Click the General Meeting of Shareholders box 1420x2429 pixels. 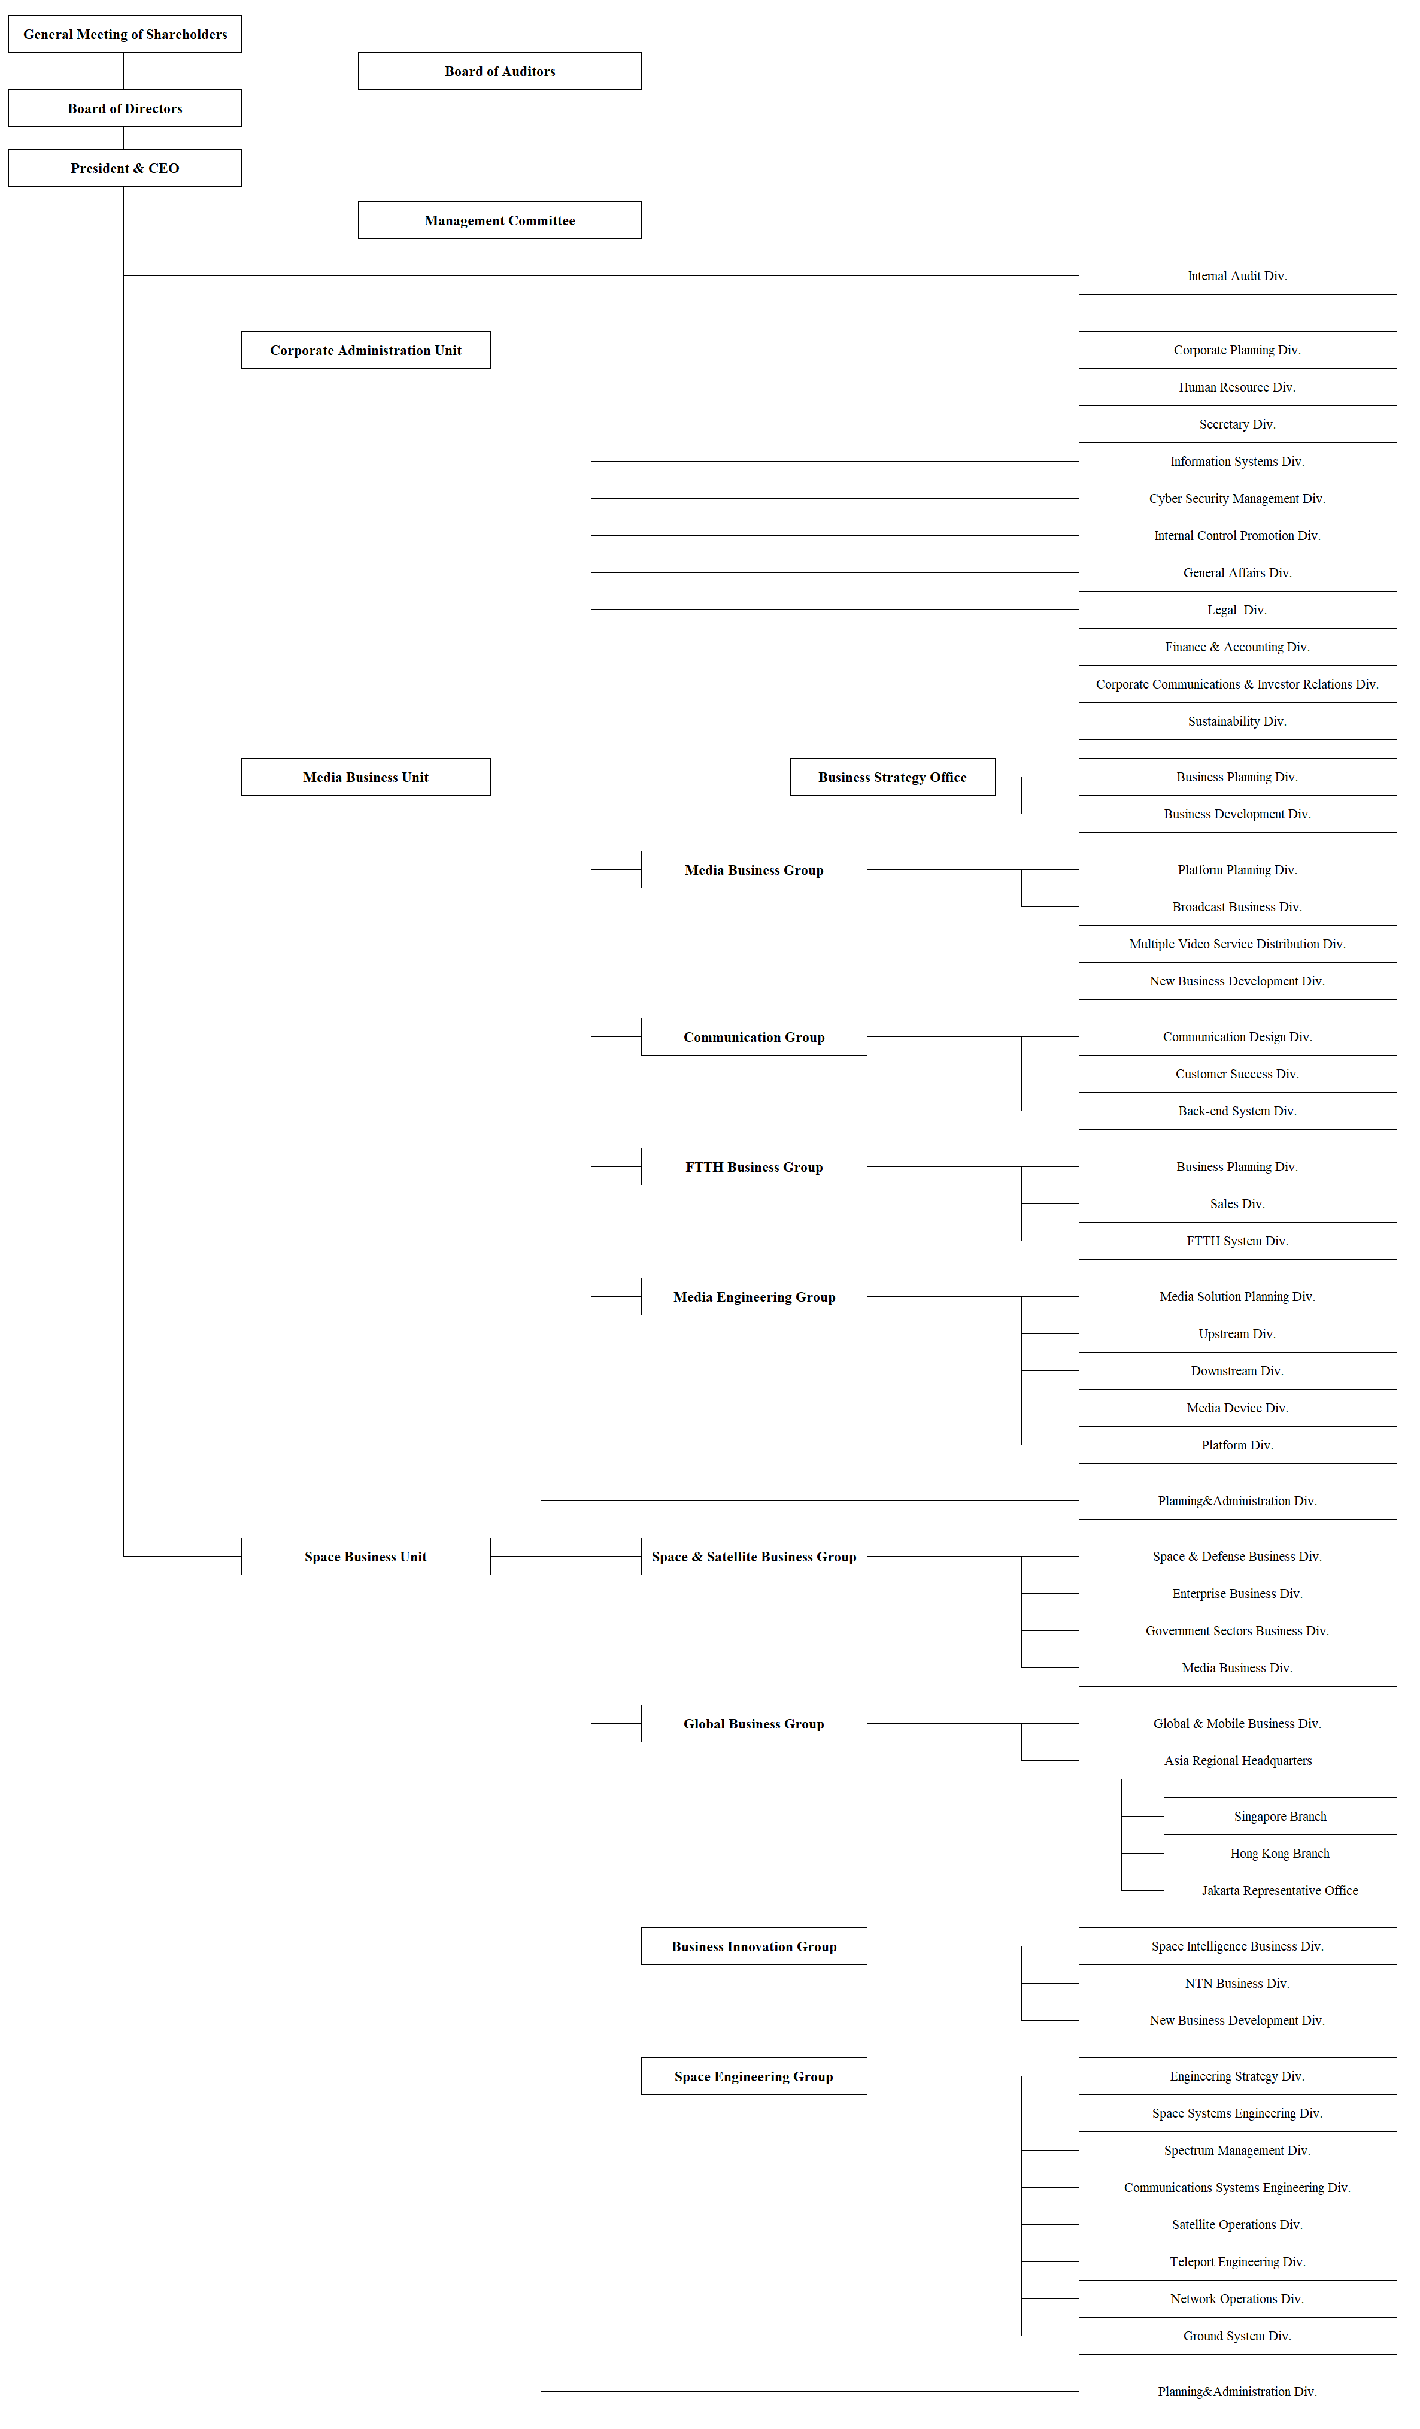click(125, 34)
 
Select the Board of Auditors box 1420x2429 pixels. click(499, 71)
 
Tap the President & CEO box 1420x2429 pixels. click(125, 168)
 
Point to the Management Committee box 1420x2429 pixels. click(499, 220)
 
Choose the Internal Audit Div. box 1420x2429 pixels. click(1237, 275)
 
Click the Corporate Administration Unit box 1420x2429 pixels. click(365, 350)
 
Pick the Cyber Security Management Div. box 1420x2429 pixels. click(1237, 498)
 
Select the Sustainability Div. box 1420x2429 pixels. click(1237, 721)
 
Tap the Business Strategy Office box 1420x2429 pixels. click(892, 777)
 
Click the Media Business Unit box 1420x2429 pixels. click(365, 777)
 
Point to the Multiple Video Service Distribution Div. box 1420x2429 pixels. click(1237, 944)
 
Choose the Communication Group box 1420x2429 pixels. click(754, 1037)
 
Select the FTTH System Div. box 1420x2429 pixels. click(1237, 1241)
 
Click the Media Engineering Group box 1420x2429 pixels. click(754, 1296)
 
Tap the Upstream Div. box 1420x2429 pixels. click(1237, 1334)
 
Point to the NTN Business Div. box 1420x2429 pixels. click(1237, 1984)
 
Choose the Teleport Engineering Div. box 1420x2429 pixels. click(1237, 2261)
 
